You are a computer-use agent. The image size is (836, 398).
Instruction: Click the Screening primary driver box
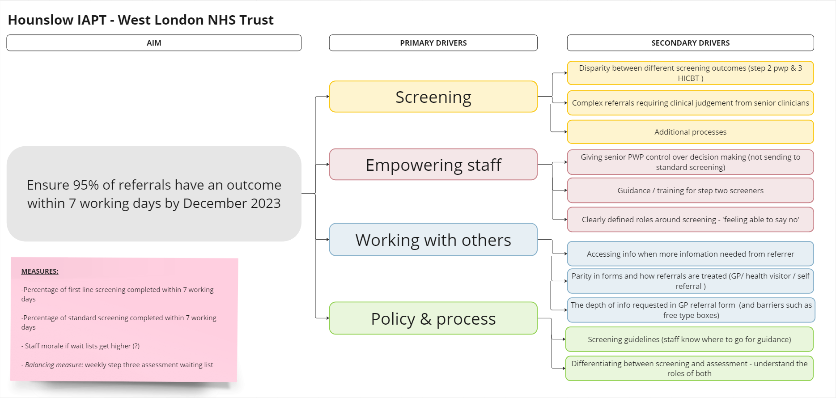[x=433, y=97]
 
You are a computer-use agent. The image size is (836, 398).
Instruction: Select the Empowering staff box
[x=433, y=165]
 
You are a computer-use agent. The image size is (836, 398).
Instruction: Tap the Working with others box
[x=433, y=240]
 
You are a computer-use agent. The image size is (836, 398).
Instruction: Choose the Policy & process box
[x=433, y=318]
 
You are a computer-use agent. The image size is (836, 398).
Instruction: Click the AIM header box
[x=154, y=43]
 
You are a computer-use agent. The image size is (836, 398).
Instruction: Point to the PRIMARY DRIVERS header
[x=433, y=43]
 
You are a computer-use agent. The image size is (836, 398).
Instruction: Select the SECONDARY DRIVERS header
[x=690, y=43]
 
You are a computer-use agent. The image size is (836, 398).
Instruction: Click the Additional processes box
[x=690, y=132]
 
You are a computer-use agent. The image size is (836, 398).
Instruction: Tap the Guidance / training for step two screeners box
[x=690, y=191]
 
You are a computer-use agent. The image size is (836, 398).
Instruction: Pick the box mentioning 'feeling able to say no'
[x=690, y=220]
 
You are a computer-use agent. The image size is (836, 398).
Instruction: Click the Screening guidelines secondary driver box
[x=689, y=339]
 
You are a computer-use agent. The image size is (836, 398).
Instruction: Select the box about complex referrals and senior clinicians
[x=690, y=103]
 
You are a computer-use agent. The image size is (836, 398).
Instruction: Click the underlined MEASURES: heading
[x=40, y=271]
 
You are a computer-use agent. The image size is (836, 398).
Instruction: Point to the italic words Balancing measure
[x=54, y=365]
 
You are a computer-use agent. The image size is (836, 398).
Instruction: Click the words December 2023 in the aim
[x=232, y=203]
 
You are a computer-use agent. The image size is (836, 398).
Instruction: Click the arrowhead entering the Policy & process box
[x=327, y=318]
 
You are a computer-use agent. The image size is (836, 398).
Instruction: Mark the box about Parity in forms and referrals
[x=690, y=281]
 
